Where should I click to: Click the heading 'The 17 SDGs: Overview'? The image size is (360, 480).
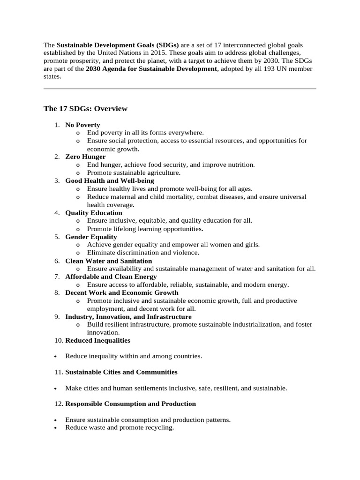85,109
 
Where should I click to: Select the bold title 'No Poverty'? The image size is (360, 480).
82,125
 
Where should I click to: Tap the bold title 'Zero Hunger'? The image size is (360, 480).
85,157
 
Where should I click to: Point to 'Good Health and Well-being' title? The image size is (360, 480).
109,180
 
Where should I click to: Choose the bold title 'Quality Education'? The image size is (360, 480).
93,213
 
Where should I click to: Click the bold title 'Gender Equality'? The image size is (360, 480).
91,237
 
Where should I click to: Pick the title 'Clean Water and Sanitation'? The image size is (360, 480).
108,261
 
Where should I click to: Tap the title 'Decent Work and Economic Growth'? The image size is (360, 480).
121,292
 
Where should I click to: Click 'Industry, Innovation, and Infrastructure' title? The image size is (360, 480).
128,317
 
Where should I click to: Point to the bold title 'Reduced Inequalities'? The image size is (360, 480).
97,340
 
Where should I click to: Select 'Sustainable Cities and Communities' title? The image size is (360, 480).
121,372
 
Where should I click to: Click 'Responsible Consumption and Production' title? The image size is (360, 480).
130,404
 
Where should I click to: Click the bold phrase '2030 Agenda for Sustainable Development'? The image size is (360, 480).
151,69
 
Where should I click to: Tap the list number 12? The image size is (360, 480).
58,404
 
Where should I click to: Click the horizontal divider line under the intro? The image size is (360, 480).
180,89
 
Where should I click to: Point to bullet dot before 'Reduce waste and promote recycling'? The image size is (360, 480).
56,428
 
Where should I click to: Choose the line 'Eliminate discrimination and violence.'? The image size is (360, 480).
143,253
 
